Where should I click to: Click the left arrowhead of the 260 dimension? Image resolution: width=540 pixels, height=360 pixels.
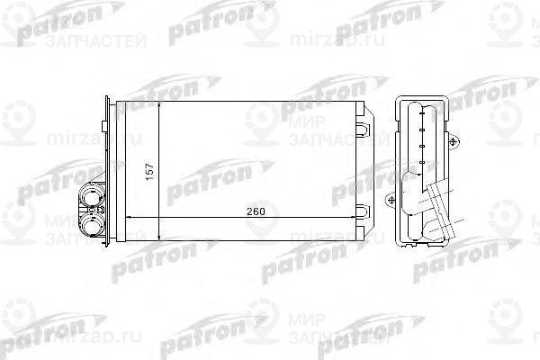click(x=127, y=219)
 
